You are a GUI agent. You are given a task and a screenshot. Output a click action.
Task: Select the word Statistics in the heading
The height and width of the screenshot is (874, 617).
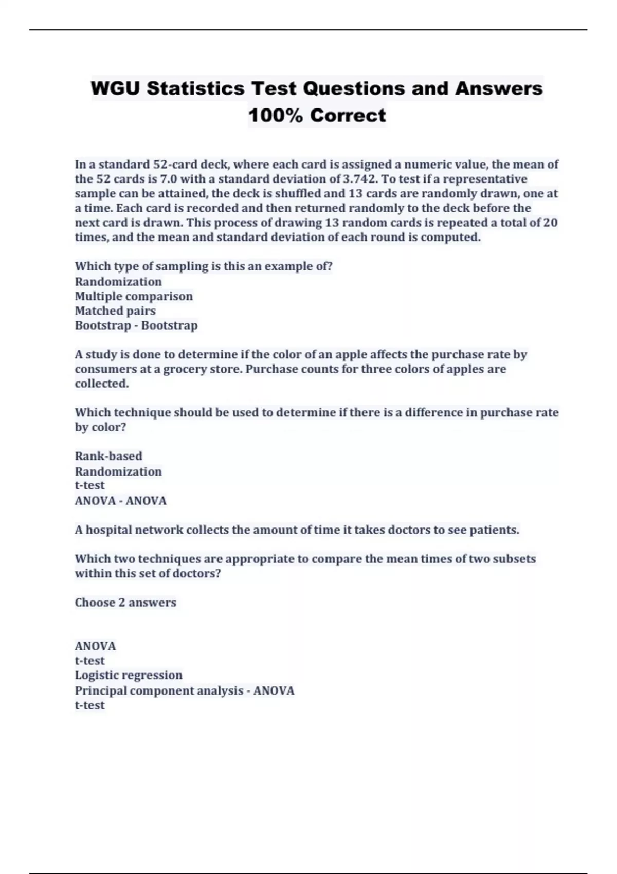click(195, 88)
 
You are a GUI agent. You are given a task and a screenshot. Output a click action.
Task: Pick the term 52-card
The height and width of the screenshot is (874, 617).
click(175, 165)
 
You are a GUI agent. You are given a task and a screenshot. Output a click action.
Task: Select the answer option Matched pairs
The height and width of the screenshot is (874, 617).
click(115, 311)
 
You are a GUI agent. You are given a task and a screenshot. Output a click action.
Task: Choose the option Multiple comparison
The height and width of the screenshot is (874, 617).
click(134, 296)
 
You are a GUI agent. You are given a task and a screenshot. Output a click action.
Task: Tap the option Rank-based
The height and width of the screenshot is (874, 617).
click(108, 456)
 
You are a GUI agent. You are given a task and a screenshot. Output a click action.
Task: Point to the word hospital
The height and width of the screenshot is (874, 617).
click(107, 530)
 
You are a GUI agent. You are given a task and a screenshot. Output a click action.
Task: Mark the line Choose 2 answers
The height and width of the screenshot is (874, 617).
click(125, 603)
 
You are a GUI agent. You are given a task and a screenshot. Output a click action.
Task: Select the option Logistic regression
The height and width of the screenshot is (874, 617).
click(129, 675)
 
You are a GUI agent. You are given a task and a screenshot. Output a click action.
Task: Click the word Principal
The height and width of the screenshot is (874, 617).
click(100, 690)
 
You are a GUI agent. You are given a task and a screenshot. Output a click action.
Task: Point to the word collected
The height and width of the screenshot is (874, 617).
click(102, 384)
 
